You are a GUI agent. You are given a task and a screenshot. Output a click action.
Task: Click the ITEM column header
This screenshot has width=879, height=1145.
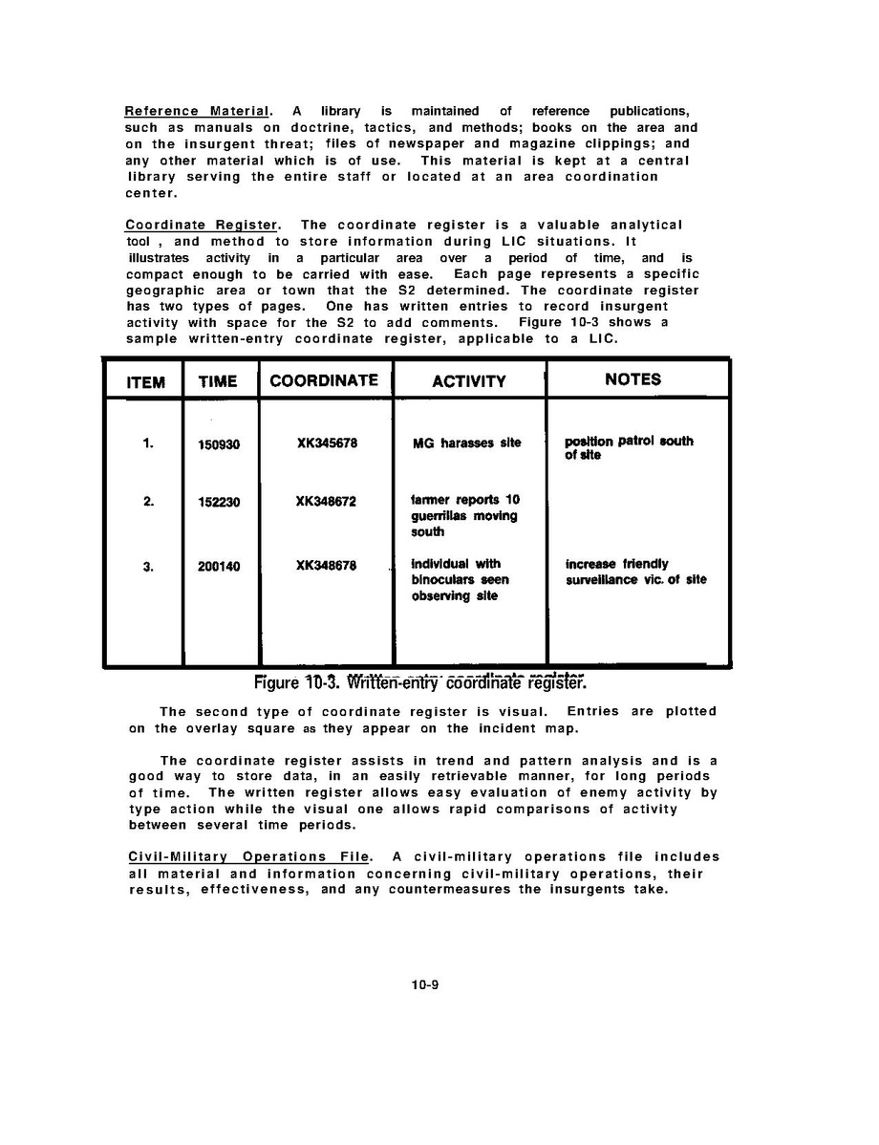point(144,381)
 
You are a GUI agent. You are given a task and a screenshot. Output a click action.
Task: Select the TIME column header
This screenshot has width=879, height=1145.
point(218,381)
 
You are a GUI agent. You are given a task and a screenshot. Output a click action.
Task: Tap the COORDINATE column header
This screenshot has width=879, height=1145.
point(324,379)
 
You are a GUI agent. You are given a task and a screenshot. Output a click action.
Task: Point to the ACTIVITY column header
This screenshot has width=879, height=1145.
point(468,381)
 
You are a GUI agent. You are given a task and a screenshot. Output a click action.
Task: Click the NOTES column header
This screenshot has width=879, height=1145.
point(632,378)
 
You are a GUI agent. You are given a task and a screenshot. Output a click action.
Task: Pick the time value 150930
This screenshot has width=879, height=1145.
point(219,444)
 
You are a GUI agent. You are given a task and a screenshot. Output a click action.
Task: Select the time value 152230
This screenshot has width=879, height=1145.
point(219,502)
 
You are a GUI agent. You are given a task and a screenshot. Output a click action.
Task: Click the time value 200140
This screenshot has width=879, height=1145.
point(219,566)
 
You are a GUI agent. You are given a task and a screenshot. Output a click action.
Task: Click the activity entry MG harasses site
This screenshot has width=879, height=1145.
point(466,443)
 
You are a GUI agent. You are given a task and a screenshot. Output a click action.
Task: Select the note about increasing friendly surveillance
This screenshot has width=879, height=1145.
point(635,572)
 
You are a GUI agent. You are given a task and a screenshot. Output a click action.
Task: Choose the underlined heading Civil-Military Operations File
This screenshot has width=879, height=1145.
point(247,856)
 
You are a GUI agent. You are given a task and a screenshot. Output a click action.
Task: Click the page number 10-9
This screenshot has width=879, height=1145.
point(424,983)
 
